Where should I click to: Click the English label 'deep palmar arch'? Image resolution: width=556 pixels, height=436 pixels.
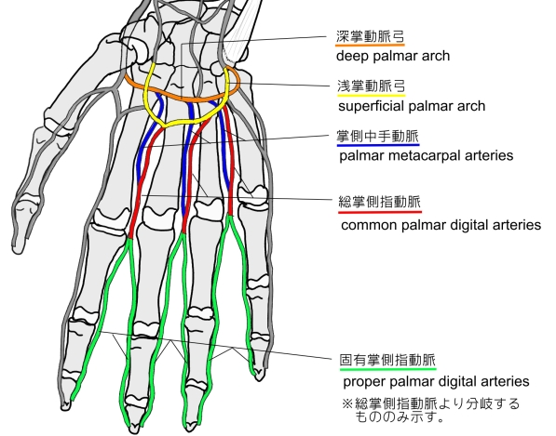click(393, 56)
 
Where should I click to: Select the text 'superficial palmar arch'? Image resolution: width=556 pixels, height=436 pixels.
click(412, 106)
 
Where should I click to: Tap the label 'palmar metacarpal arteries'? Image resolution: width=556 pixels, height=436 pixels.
click(427, 155)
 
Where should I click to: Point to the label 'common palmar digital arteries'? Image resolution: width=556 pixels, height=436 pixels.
click(441, 225)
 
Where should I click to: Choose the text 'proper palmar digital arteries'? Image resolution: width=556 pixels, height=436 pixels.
click(436, 381)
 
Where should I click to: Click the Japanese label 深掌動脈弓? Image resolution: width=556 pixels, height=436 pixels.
click(370, 36)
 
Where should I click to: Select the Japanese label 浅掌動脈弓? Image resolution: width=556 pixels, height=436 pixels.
click(372, 86)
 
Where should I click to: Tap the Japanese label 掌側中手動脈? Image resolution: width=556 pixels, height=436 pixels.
click(377, 136)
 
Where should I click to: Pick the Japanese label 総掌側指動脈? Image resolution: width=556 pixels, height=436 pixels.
click(380, 202)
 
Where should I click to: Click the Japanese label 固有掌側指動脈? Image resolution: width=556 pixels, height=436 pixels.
click(387, 360)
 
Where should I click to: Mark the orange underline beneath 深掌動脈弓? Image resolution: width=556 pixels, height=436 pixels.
click(370, 45)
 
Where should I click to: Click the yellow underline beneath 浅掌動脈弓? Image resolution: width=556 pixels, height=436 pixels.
click(372, 95)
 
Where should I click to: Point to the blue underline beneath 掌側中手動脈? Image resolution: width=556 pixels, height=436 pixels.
click(378, 145)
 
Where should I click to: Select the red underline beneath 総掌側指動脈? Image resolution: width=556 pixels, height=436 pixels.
click(380, 212)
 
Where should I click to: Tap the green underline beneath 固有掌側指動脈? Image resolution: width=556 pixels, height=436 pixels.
click(388, 369)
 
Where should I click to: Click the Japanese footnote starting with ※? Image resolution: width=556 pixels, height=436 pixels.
click(431, 410)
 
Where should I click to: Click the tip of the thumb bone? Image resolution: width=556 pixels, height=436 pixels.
click(18, 251)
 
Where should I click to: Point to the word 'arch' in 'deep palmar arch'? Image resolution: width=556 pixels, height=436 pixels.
click(437, 56)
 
